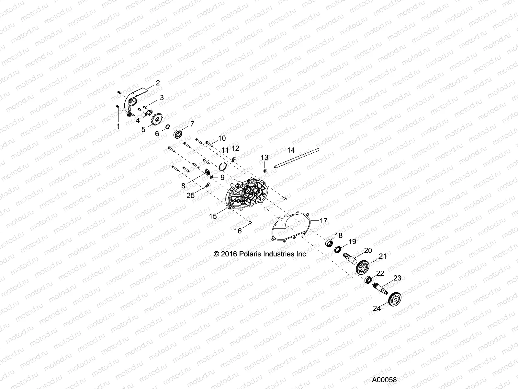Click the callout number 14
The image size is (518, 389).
click(291, 150)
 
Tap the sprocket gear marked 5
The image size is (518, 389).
click(157, 120)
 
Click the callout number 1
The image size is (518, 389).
click(118, 126)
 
